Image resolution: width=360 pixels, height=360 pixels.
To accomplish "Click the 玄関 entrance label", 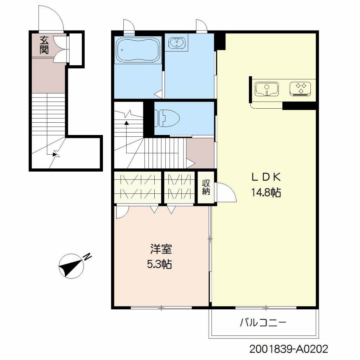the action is (x=44, y=45).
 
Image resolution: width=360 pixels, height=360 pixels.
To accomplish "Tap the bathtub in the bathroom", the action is (x=138, y=50).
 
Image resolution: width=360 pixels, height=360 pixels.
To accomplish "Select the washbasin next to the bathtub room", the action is (x=176, y=43).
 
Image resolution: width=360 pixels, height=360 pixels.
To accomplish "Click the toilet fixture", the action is (x=167, y=118).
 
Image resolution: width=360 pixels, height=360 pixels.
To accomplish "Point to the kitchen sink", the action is (x=266, y=89).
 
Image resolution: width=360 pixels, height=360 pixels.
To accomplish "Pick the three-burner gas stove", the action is (x=301, y=89).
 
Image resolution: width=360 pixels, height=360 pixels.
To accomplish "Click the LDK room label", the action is (x=266, y=177).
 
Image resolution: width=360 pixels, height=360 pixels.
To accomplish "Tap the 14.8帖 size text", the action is (x=266, y=192).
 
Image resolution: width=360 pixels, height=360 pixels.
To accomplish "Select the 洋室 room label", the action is (x=161, y=249).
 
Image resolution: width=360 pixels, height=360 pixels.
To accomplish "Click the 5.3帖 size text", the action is (x=159, y=264).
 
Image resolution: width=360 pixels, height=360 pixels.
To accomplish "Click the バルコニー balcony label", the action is (x=263, y=323).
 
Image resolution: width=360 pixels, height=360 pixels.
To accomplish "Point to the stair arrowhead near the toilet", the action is (x=126, y=123).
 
